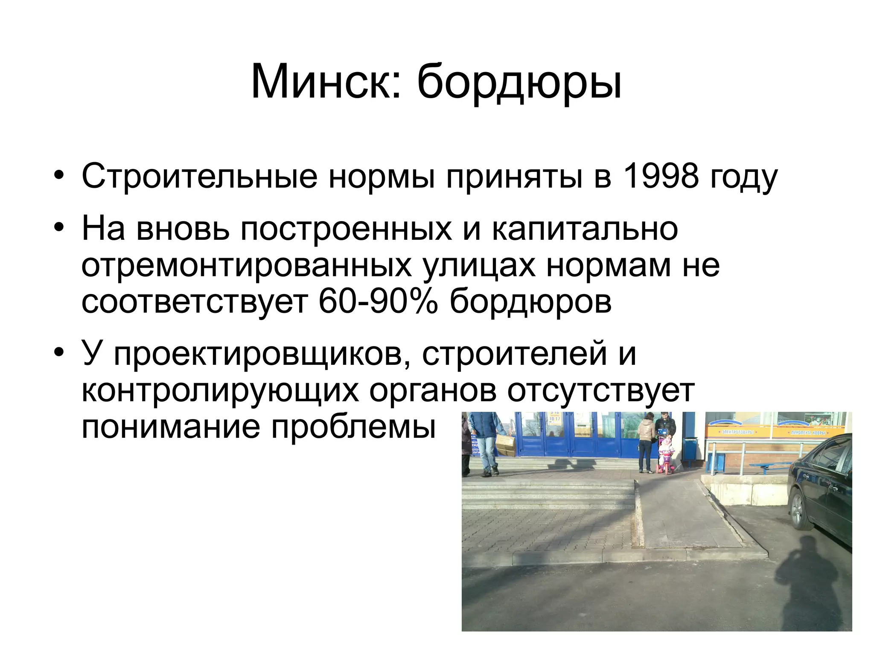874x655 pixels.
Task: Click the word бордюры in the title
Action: coord(519,84)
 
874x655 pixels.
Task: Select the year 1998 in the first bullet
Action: coord(660,176)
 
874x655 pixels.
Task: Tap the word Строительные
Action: coord(199,176)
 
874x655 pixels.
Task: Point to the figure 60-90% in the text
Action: coord(378,301)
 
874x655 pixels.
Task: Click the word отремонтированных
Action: coord(246,265)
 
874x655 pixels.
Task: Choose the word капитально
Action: coord(585,229)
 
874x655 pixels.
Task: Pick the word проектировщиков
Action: coord(259,353)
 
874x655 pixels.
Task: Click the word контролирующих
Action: coord(220,390)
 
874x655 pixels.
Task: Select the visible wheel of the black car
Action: coord(798,510)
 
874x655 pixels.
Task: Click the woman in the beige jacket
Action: coord(647,442)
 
